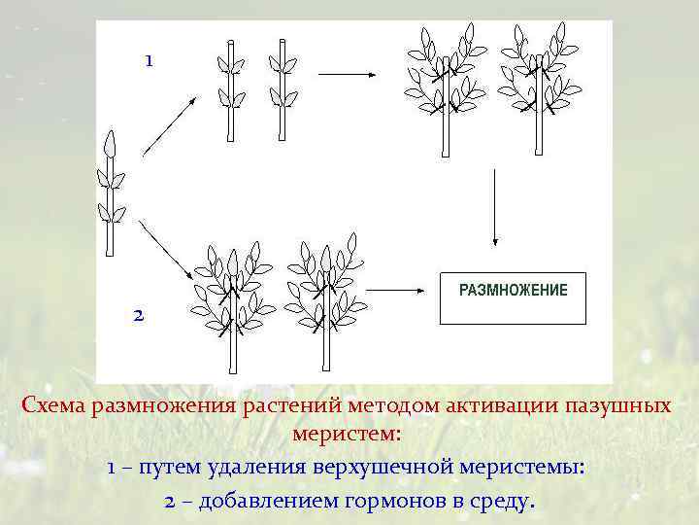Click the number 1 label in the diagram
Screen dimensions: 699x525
pos(148,60)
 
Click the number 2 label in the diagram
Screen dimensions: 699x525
pos(138,315)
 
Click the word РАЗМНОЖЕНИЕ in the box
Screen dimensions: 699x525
pos(513,290)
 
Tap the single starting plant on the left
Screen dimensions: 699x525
pos(110,194)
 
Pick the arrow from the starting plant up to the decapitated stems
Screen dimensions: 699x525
pos(171,125)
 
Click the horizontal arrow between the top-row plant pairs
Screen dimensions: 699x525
pos(347,72)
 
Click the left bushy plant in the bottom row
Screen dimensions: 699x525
pos(232,301)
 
